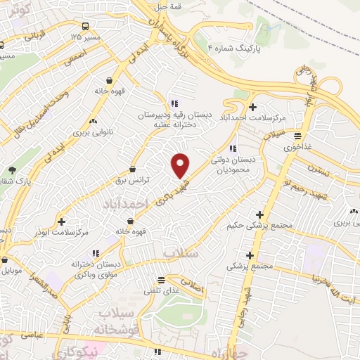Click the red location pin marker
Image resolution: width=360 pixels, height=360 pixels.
coord(181,165)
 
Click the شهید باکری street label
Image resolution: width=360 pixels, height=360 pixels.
coord(163,187)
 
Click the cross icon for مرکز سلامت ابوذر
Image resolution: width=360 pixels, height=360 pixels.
coord(63,221)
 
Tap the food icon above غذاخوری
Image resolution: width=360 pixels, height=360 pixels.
coord(299,136)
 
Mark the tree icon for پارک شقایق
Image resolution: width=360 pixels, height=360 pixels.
coord(12,170)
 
